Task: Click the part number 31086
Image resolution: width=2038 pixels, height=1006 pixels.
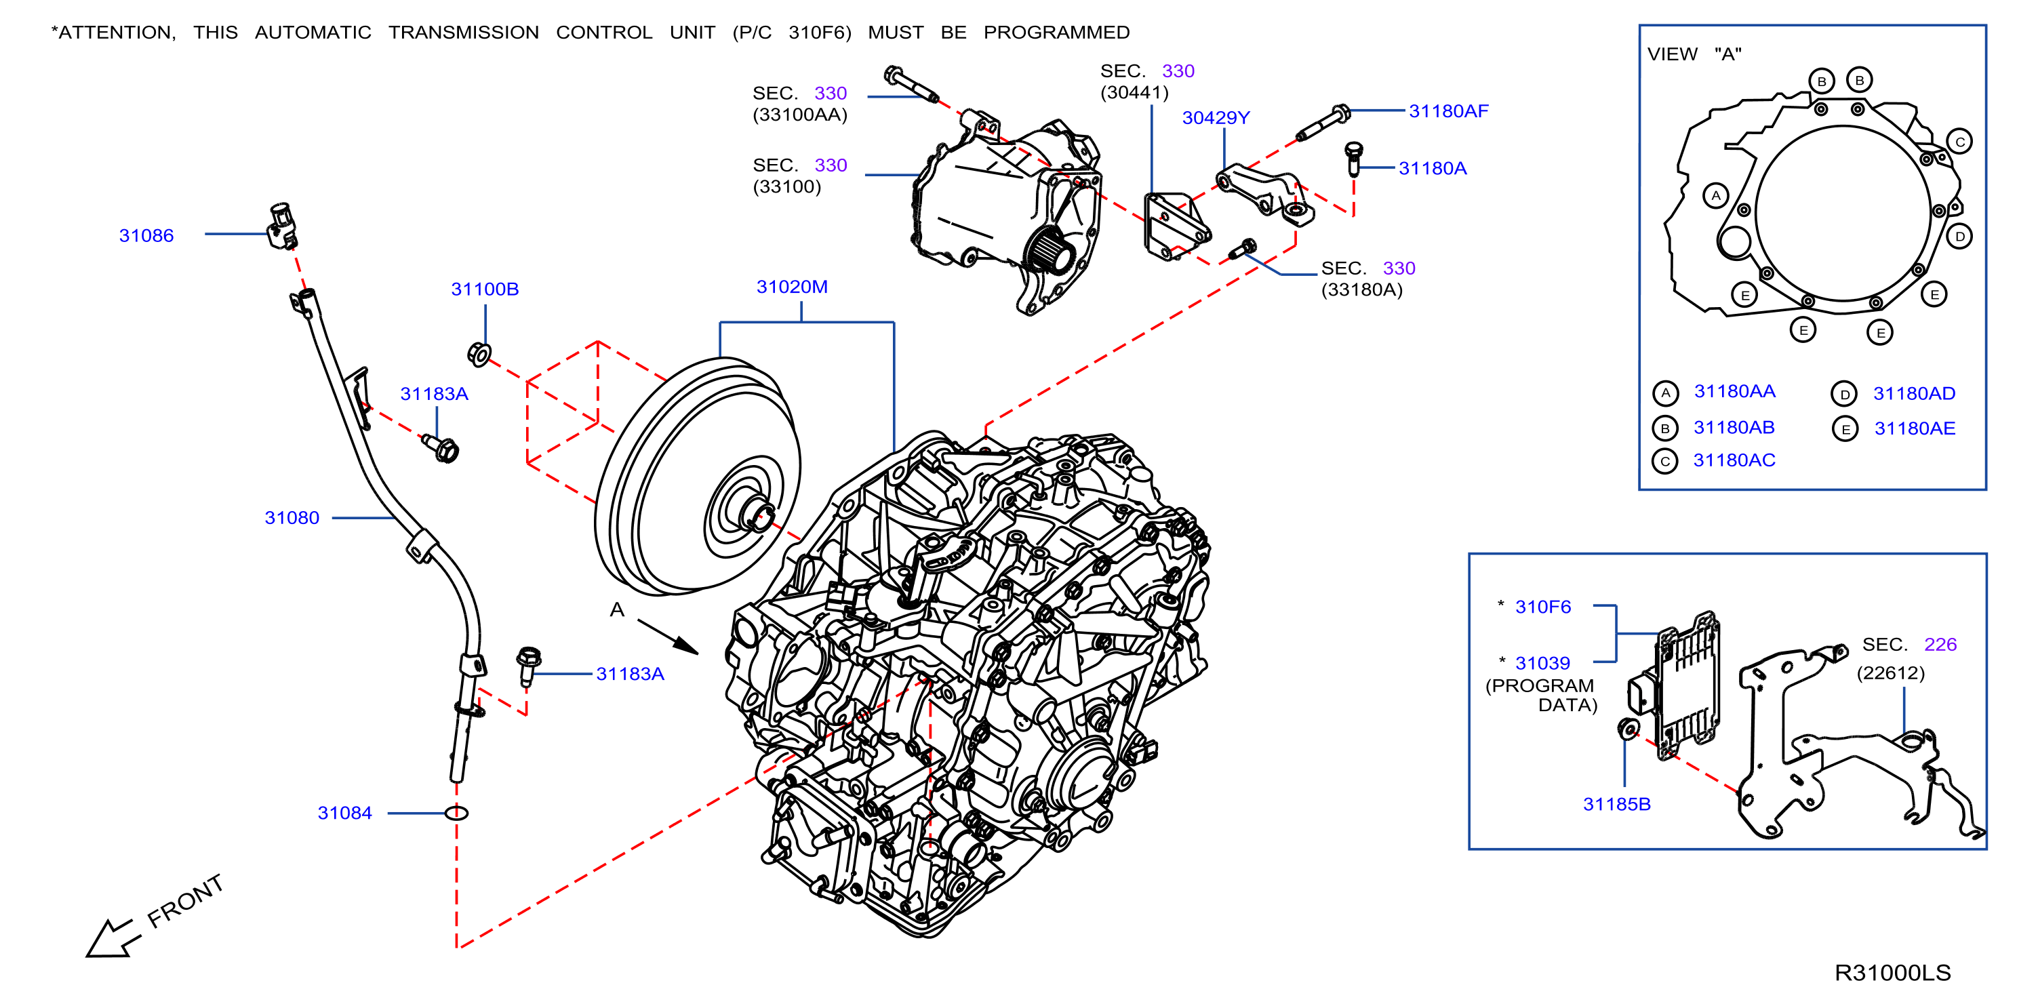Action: coord(146,236)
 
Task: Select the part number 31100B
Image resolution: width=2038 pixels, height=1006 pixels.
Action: coord(485,289)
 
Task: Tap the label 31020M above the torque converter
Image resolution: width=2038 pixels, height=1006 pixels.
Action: coord(792,287)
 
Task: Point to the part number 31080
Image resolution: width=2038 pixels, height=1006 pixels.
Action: coord(292,518)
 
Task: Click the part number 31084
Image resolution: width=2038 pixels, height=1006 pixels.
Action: coord(345,813)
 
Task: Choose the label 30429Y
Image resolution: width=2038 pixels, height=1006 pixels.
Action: coord(1216,118)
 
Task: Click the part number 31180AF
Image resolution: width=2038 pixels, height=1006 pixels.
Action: coord(1449,111)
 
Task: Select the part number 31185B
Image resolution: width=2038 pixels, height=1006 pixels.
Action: coord(1617,804)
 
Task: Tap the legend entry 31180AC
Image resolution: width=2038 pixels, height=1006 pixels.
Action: coord(1734,460)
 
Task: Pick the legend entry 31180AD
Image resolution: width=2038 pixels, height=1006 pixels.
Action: coord(1914,394)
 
